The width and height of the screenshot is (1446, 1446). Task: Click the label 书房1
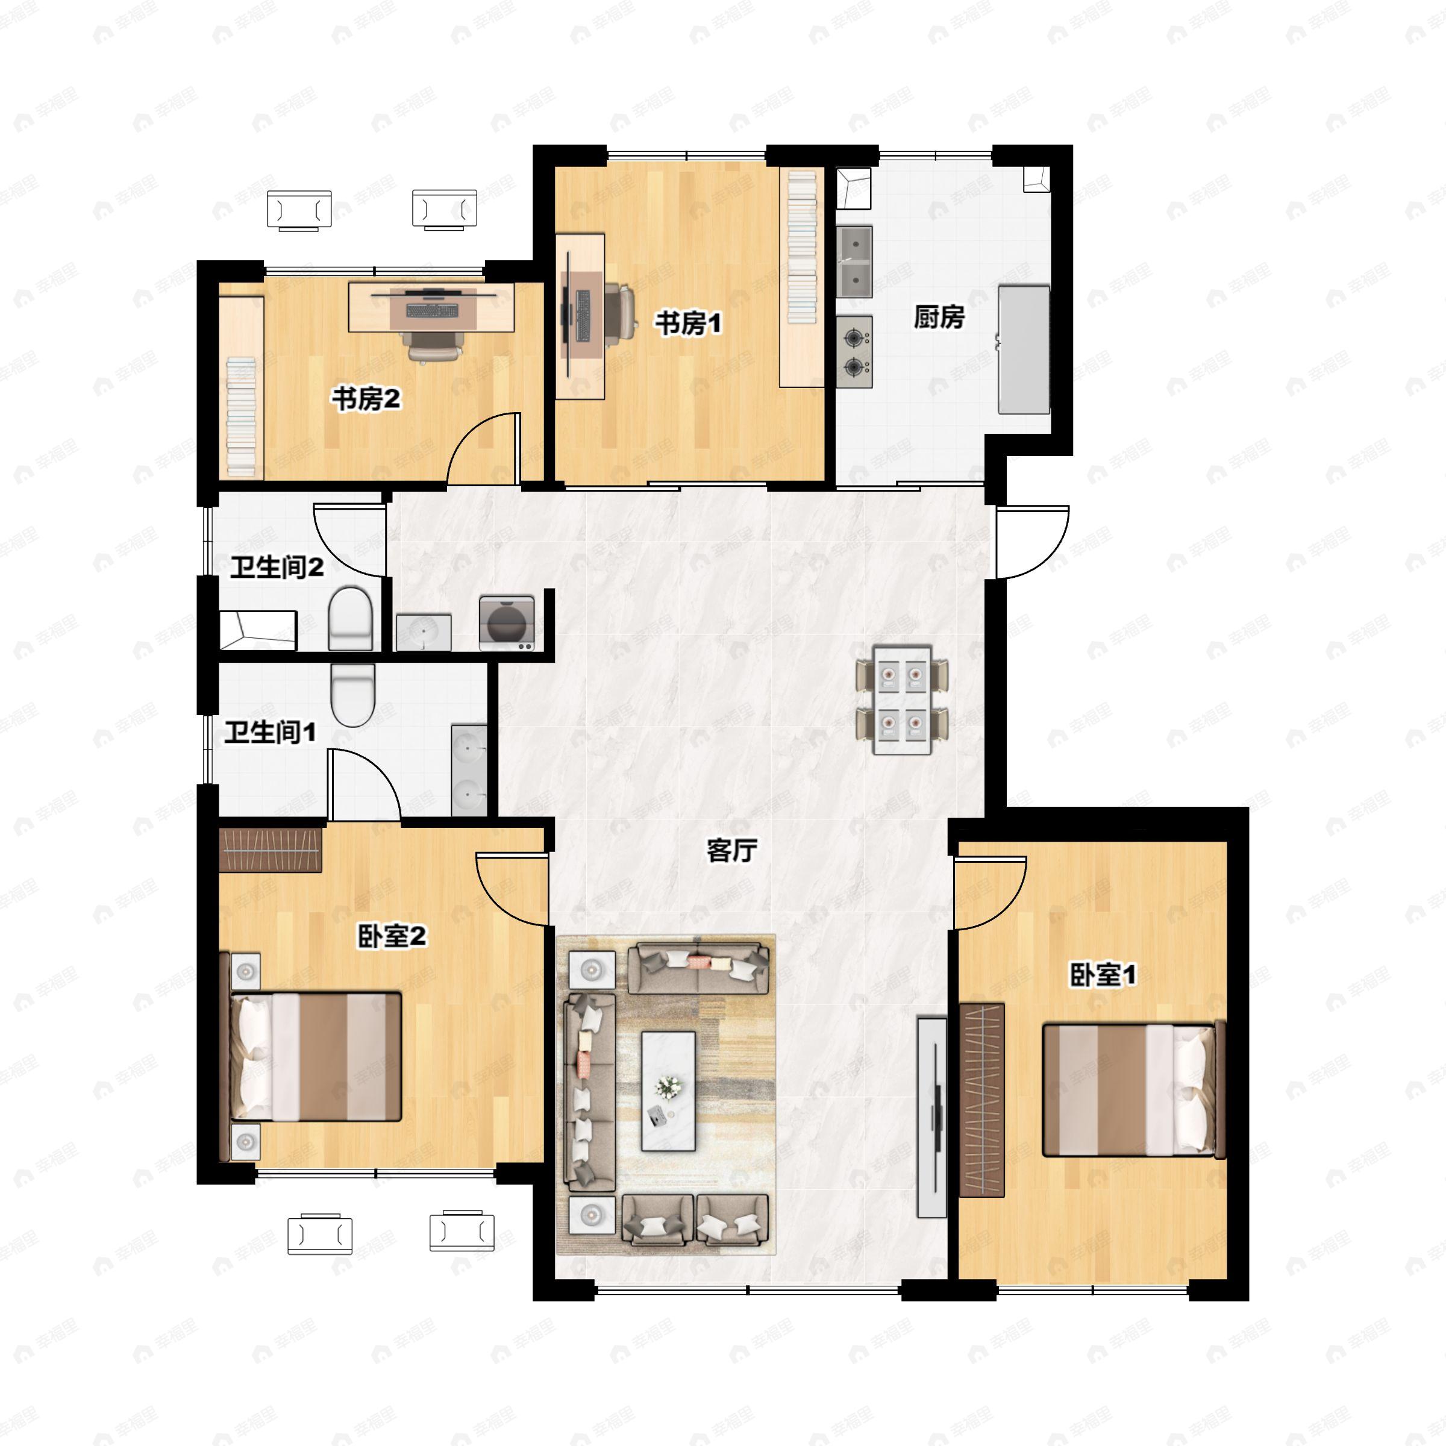click(x=688, y=324)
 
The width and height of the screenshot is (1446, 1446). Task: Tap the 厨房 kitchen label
click(x=939, y=318)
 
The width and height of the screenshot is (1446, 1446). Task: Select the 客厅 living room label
click(x=731, y=850)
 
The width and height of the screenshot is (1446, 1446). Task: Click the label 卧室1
click(x=1103, y=974)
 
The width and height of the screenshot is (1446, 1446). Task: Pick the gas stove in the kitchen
click(x=855, y=351)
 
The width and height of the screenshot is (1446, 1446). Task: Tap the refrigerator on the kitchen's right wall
click(x=1023, y=349)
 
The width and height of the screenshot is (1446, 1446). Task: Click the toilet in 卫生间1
click(x=352, y=695)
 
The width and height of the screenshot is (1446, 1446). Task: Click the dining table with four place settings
click(x=902, y=700)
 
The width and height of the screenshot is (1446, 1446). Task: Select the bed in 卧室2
click(x=315, y=1056)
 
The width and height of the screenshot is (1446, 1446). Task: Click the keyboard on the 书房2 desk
click(x=432, y=309)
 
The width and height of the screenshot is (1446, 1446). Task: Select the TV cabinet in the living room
click(x=932, y=1116)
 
